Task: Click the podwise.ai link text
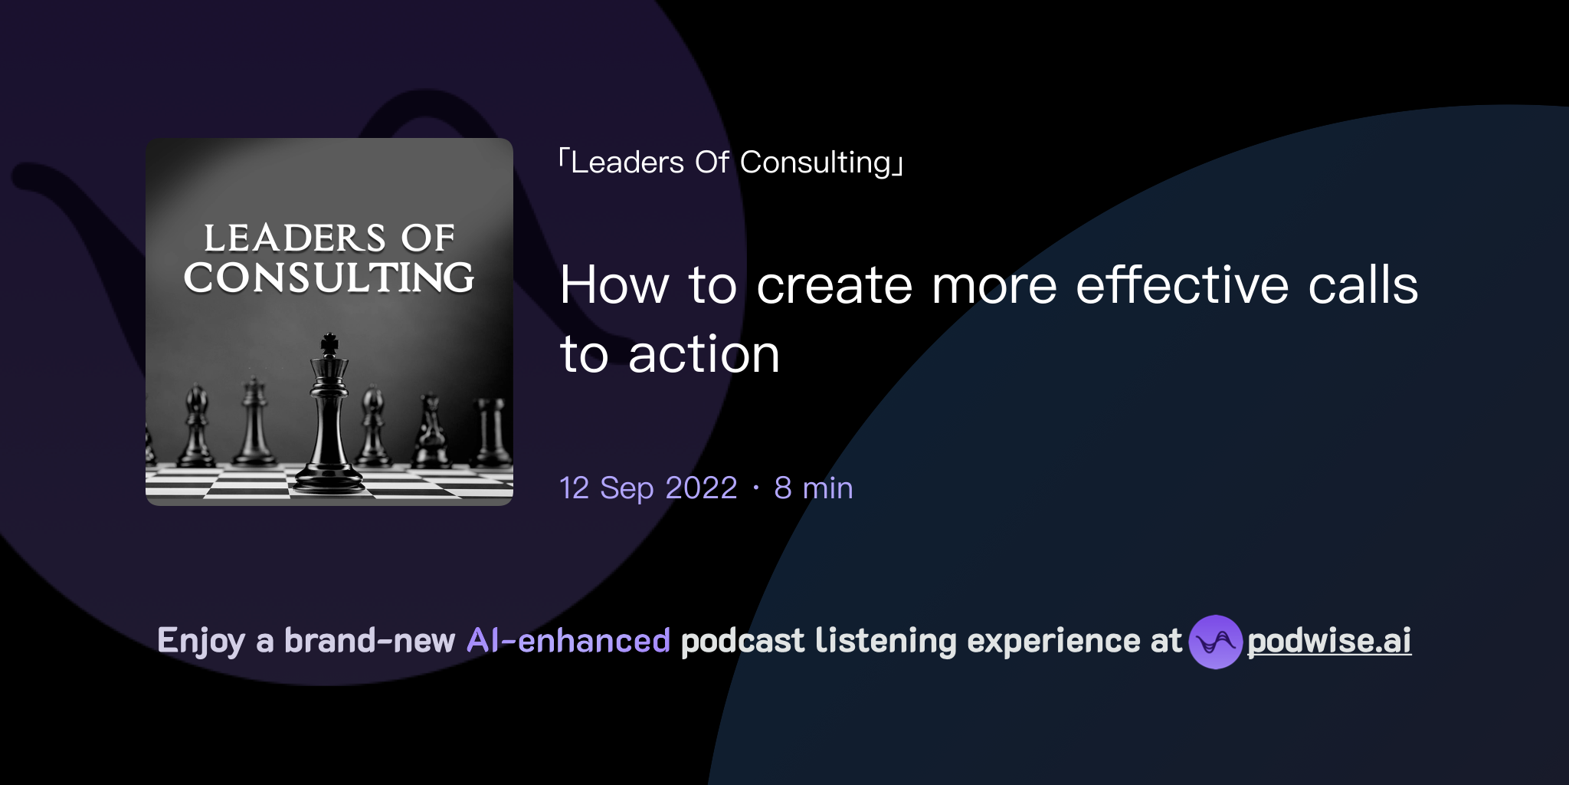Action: (x=1329, y=641)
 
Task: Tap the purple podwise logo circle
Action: (x=1215, y=642)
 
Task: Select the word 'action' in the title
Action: (x=703, y=355)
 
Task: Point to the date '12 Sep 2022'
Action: (x=648, y=488)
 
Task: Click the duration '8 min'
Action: (x=813, y=488)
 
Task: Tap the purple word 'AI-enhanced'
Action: (x=568, y=641)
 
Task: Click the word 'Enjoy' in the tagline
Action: (x=201, y=641)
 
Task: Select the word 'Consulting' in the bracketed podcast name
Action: (x=815, y=163)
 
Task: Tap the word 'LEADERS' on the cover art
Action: (x=294, y=238)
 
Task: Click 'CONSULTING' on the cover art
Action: (x=329, y=278)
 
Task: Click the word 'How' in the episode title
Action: (x=614, y=285)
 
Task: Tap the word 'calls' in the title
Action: (x=1363, y=285)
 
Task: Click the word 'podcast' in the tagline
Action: (x=742, y=641)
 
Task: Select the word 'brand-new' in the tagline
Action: (x=369, y=641)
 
